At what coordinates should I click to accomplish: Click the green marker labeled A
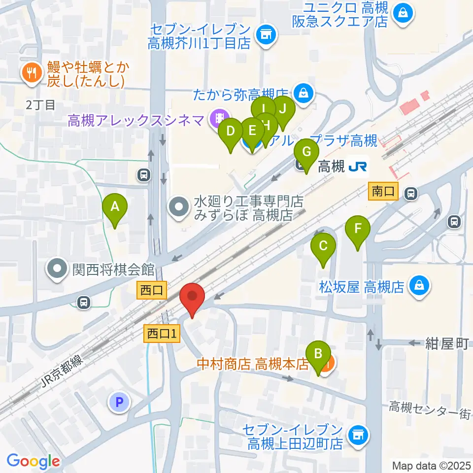pyautogui.click(x=114, y=207)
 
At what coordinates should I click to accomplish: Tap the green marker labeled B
pyautogui.click(x=318, y=354)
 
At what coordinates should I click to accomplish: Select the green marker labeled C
pyautogui.click(x=323, y=246)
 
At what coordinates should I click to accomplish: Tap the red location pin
pyautogui.click(x=192, y=297)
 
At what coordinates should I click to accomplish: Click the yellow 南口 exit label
pyautogui.click(x=383, y=192)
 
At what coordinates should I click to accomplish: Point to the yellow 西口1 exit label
pyautogui.click(x=163, y=334)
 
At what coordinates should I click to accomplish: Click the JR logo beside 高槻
pyautogui.click(x=357, y=168)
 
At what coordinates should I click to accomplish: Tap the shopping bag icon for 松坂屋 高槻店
pyautogui.click(x=419, y=285)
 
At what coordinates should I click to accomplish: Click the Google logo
pyautogui.click(x=33, y=461)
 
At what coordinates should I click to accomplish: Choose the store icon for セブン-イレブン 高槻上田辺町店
pyautogui.click(x=358, y=435)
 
